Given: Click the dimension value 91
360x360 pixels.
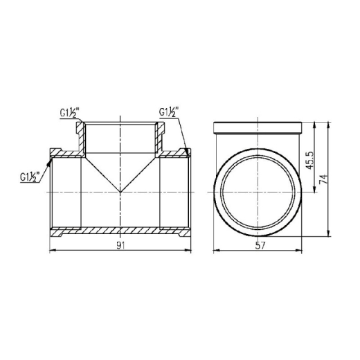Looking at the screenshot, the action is point(120,246).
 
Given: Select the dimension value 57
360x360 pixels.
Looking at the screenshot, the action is point(260,246).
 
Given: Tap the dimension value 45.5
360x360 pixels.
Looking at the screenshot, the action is point(309,161).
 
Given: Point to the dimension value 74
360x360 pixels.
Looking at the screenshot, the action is point(323,179).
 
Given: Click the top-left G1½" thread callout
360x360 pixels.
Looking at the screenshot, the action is point(70,113).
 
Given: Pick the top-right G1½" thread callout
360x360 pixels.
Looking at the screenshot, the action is point(169,111).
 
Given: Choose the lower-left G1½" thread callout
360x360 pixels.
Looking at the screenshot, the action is point(30,177).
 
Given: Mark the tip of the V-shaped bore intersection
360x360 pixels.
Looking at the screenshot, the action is point(120,192).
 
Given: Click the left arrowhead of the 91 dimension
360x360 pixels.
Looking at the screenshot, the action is point(53,250).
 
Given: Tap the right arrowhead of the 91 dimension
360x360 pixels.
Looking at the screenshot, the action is point(188,250).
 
